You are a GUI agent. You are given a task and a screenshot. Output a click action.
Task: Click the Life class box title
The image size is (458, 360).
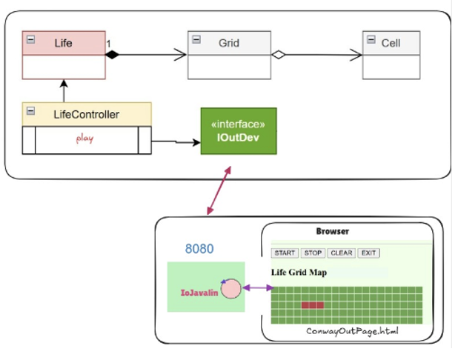(x=64, y=43)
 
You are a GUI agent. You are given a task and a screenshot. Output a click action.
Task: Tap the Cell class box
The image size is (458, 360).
(x=391, y=55)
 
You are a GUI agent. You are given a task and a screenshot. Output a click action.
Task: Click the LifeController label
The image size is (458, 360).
(x=86, y=114)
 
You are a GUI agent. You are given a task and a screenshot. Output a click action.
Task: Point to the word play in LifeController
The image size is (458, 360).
(x=84, y=139)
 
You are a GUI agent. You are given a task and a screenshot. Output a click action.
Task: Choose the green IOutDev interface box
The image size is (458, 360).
(x=239, y=131)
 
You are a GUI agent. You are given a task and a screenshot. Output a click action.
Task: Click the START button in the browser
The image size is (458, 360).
(x=285, y=253)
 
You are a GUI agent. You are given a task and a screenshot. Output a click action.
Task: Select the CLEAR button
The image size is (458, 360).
(x=341, y=253)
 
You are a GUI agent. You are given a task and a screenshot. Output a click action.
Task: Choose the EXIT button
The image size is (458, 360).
(x=368, y=253)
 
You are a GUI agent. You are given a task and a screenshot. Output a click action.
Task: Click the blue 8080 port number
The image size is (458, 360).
(x=199, y=249)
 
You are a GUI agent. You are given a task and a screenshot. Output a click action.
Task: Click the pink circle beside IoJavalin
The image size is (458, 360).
(x=231, y=289)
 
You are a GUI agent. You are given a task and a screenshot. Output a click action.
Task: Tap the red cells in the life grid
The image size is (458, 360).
(x=312, y=304)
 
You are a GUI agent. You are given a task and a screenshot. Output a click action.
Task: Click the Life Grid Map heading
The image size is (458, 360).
(x=299, y=272)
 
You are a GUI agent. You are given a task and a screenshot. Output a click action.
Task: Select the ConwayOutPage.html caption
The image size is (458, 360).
(x=352, y=331)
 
